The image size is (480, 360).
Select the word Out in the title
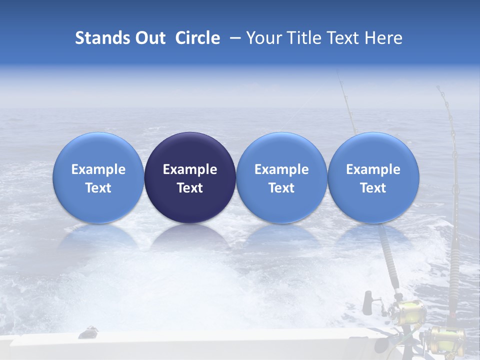(x=149, y=38)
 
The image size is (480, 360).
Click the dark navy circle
(x=190, y=177)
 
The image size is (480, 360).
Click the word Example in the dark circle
(x=190, y=169)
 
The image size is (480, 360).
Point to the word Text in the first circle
(x=98, y=188)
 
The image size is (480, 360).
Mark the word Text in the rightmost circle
(x=373, y=188)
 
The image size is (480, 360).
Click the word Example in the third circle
(x=281, y=169)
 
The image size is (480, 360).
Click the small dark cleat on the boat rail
(x=89, y=331)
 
